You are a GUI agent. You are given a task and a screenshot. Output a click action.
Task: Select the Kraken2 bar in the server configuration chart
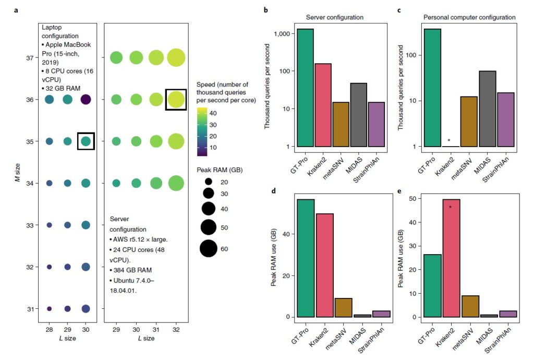click(323, 105)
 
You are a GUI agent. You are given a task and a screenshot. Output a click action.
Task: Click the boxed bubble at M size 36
click(176, 99)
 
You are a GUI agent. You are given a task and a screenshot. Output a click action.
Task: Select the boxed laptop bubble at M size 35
click(86, 141)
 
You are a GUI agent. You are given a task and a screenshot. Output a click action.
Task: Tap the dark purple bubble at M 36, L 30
click(86, 99)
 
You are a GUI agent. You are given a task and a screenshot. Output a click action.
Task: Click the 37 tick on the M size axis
click(29, 57)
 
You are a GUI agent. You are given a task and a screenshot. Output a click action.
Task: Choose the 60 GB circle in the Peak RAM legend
click(209, 248)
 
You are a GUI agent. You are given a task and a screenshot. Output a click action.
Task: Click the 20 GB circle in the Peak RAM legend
click(209, 182)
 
